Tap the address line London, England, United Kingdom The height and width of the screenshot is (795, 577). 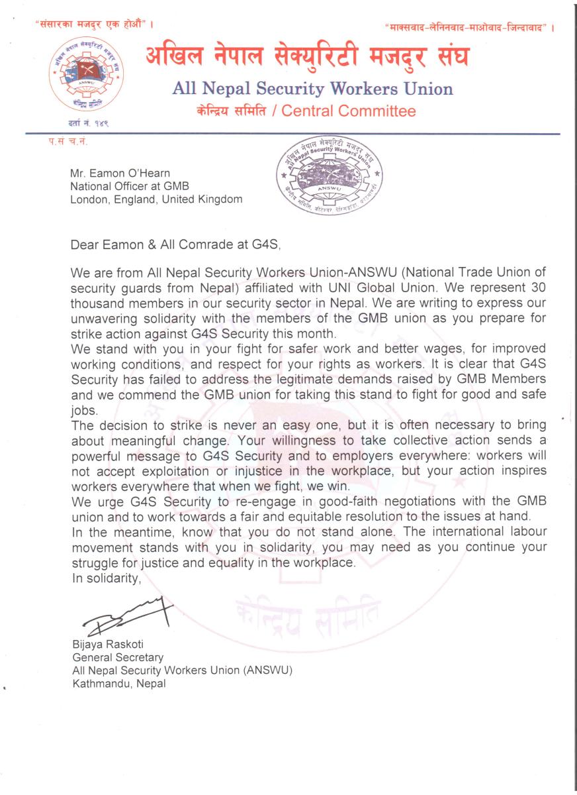point(156,199)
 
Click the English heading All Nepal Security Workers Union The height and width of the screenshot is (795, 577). point(312,89)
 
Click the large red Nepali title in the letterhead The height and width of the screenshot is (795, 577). point(307,60)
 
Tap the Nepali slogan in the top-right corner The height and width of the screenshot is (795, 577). point(468,28)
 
